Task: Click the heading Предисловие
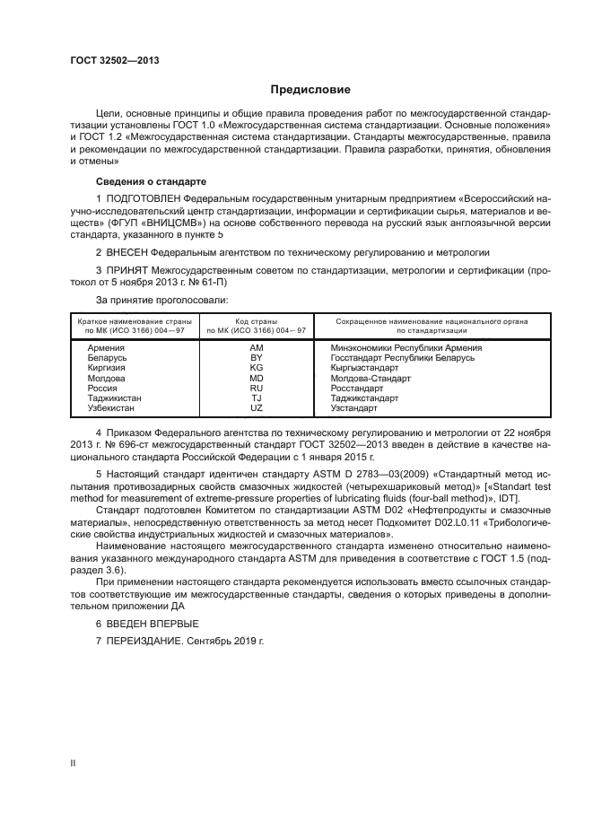(311, 91)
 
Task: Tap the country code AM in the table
(256, 348)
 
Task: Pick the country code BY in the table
(256, 358)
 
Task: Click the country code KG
(256, 368)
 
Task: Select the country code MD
(256, 378)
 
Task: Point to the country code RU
(256, 388)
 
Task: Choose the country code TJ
(256, 398)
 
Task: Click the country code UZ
(256, 407)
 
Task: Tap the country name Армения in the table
(106, 348)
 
